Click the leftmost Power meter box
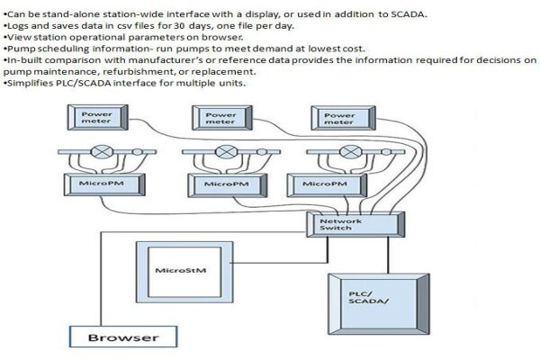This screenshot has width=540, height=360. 98,118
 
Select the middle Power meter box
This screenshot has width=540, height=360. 222,118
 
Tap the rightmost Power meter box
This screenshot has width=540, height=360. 344,118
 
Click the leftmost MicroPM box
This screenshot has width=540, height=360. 104,184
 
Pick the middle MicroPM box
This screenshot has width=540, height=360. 228,185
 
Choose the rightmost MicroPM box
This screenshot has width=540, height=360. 327,185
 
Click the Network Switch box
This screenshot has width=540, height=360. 355,225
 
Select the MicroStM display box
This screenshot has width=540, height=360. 184,272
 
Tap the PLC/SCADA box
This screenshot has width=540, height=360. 379,304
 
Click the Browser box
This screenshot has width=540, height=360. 123,337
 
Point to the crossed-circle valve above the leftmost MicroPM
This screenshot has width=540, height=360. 102,151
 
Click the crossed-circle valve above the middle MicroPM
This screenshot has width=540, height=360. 226,151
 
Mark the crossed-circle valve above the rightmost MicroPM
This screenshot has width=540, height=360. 351,151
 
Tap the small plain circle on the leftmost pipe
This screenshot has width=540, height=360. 137,152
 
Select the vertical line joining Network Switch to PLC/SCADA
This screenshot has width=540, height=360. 388,256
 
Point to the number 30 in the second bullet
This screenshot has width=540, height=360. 179,26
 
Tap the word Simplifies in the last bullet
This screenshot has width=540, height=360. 30,84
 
